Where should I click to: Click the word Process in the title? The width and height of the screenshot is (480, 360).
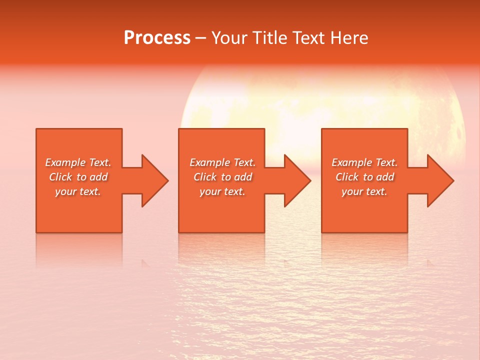[157, 38]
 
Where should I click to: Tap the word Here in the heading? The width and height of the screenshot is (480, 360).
[349, 38]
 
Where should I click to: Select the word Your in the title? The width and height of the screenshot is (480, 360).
[229, 38]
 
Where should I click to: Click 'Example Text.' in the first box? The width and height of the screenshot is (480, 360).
[78, 162]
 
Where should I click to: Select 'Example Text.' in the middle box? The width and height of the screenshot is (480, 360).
[222, 162]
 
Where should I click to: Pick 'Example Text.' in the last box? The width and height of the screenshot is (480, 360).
[364, 162]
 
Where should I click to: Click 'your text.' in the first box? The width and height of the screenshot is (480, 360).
[78, 191]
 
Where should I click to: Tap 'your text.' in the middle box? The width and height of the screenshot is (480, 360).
[222, 191]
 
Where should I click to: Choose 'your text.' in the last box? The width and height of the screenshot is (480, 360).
[364, 191]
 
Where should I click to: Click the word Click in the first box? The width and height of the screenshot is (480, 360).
[60, 177]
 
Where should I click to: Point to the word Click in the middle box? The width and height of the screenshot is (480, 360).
[205, 177]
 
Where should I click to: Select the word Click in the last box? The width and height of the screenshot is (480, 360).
[347, 177]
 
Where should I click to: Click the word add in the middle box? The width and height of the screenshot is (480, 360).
[243, 177]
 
